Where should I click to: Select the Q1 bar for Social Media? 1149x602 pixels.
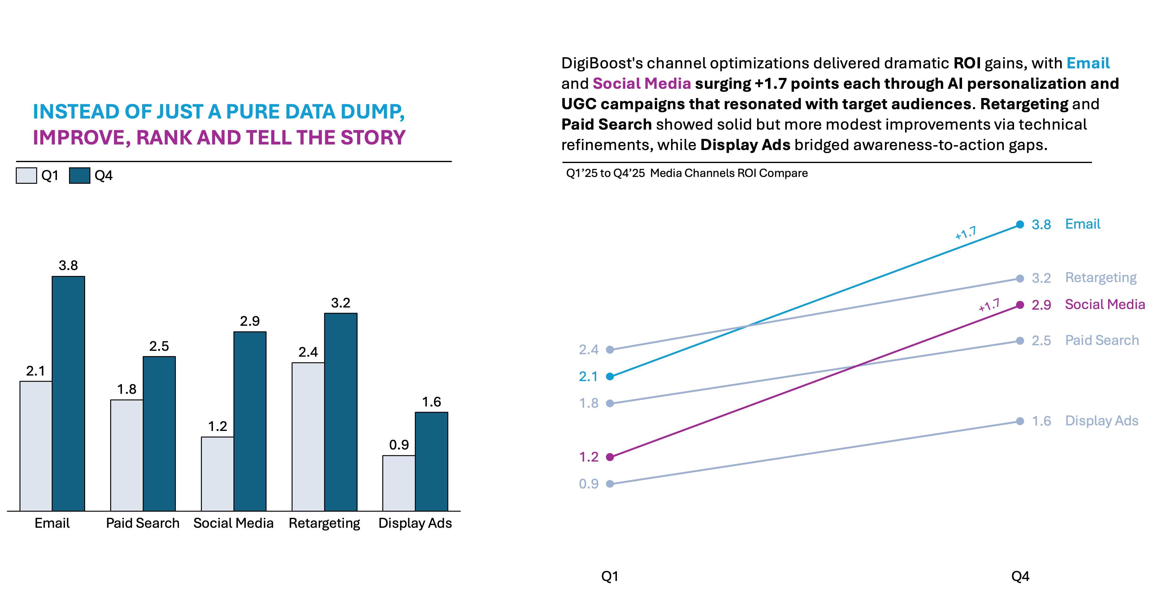pyautogui.click(x=217, y=474)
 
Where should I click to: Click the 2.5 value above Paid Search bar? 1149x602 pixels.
pyautogui.click(x=159, y=346)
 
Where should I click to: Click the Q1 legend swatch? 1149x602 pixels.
pyautogui.click(x=26, y=175)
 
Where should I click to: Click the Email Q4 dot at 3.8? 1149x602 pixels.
pyautogui.click(x=1020, y=224)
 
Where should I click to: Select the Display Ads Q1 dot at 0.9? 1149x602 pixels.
pyautogui.click(x=610, y=484)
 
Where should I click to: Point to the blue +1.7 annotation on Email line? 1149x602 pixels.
pyautogui.click(x=965, y=233)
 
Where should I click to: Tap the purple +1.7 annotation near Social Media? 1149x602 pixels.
pyautogui.click(x=989, y=305)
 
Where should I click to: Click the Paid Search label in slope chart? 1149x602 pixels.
pyautogui.click(x=1102, y=340)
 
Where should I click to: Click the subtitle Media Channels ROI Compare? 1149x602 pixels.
pyautogui.click(x=729, y=173)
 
